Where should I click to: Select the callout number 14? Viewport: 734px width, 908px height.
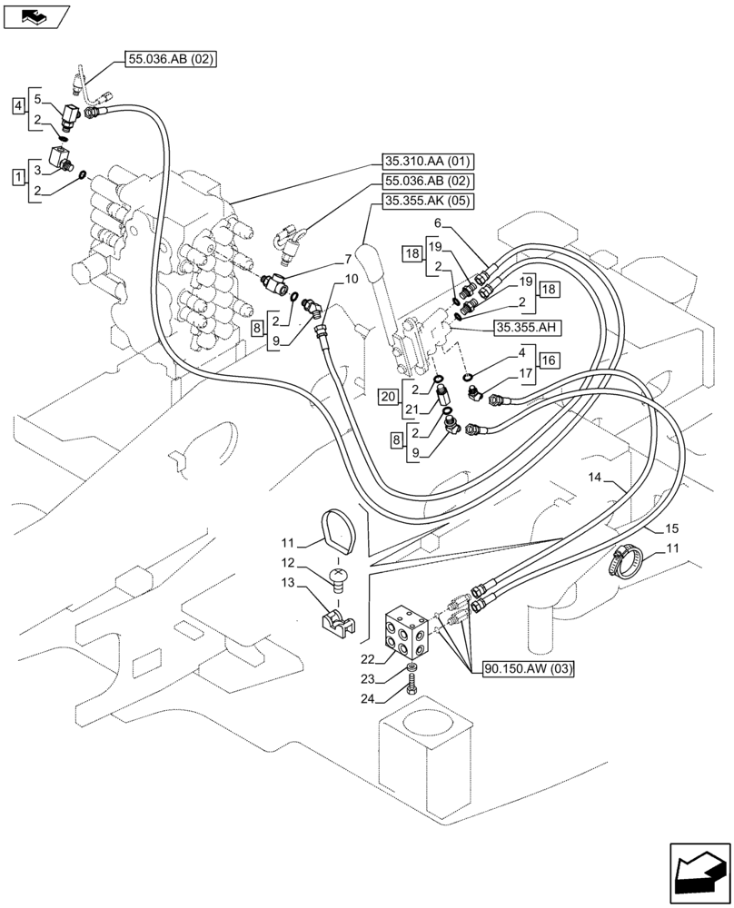[594, 477]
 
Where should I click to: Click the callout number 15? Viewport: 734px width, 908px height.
[672, 528]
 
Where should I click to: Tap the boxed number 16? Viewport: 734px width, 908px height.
[548, 360]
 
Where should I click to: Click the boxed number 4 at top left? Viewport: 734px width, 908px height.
[19, 108]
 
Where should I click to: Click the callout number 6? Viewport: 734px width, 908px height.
[437, 222]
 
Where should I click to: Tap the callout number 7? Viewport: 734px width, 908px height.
[322, 261]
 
